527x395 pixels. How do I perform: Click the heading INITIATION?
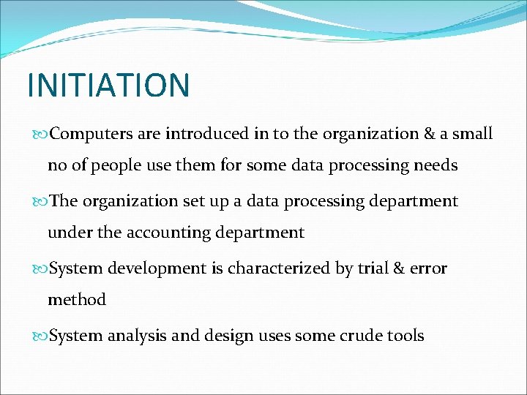tap(108, 85)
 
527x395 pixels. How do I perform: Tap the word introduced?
tap(207, 134)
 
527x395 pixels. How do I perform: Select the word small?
tap(473, 134)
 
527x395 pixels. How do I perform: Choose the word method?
tap(77, 300)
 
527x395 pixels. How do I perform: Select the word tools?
tap(406, 336)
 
